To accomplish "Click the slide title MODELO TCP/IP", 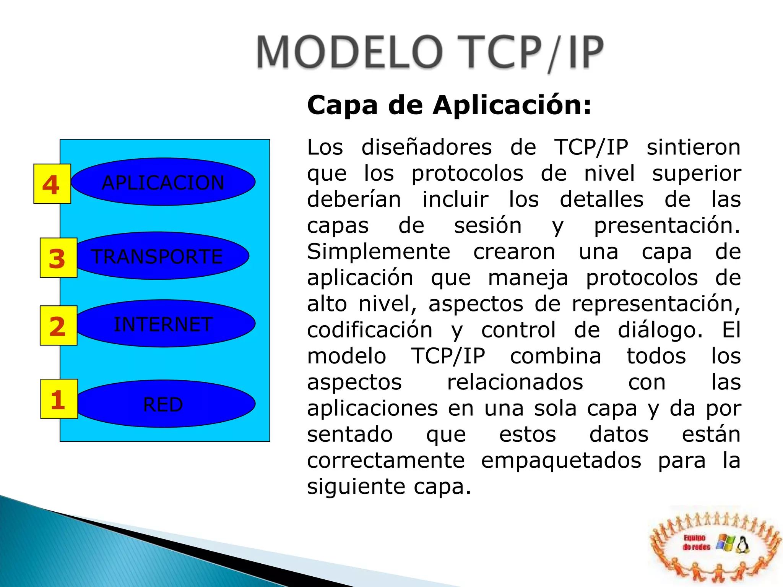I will click(x=430, y=53).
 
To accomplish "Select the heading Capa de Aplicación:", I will click(x=449, y=105).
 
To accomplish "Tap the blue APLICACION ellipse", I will click(x=163, y=182).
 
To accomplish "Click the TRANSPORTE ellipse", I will click(x=161, y=256).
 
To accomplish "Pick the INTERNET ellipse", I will click(x=164, y=324).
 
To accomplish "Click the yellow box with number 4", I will click(x=52, y=184).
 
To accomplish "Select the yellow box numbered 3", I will click(x=58, y=258).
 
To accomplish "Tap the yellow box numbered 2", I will click(x=58, y=326).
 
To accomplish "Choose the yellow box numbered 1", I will click(x=59, y=399).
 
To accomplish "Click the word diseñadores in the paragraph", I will click(x=426, y=148).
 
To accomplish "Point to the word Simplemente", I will click(x=379, y=252).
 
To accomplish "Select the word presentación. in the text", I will click(x=666, y=225).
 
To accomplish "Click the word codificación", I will click(x=370, y=330).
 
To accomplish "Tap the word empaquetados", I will click(x=561, y=461).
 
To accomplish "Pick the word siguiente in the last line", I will click(x=356, y=486).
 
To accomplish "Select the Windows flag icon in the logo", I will click(x=725, y=543).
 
